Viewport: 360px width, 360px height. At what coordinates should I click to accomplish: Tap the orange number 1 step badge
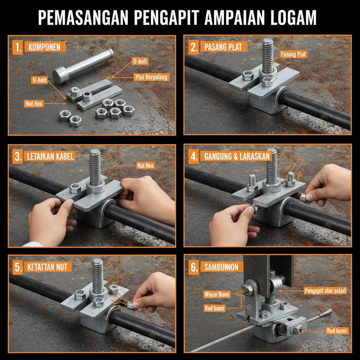click(17, 47)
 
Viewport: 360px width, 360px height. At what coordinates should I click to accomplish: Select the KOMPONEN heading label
click(45, 47)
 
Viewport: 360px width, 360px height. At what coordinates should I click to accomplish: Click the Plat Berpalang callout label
click(152, 77)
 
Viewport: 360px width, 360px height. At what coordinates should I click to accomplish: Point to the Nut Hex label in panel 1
click(34, 104)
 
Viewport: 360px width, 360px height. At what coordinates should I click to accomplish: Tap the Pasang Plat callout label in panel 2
click(293, 54)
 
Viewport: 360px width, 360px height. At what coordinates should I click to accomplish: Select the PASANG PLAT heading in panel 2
click(223, 47)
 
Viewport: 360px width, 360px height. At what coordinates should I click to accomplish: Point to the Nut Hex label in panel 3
click(146, 165)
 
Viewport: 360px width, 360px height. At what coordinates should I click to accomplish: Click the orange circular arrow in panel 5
click(116, 300)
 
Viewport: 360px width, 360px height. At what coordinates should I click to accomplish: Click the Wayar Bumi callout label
click(217, 294)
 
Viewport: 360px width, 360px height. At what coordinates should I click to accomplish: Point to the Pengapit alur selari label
click(325, 291)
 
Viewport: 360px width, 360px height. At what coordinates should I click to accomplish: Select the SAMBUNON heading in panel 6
click(221, 267)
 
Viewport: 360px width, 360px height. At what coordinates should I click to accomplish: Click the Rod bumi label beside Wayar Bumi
click(215, 308)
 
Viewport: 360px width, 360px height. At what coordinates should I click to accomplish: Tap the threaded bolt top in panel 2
click(268, 42)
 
